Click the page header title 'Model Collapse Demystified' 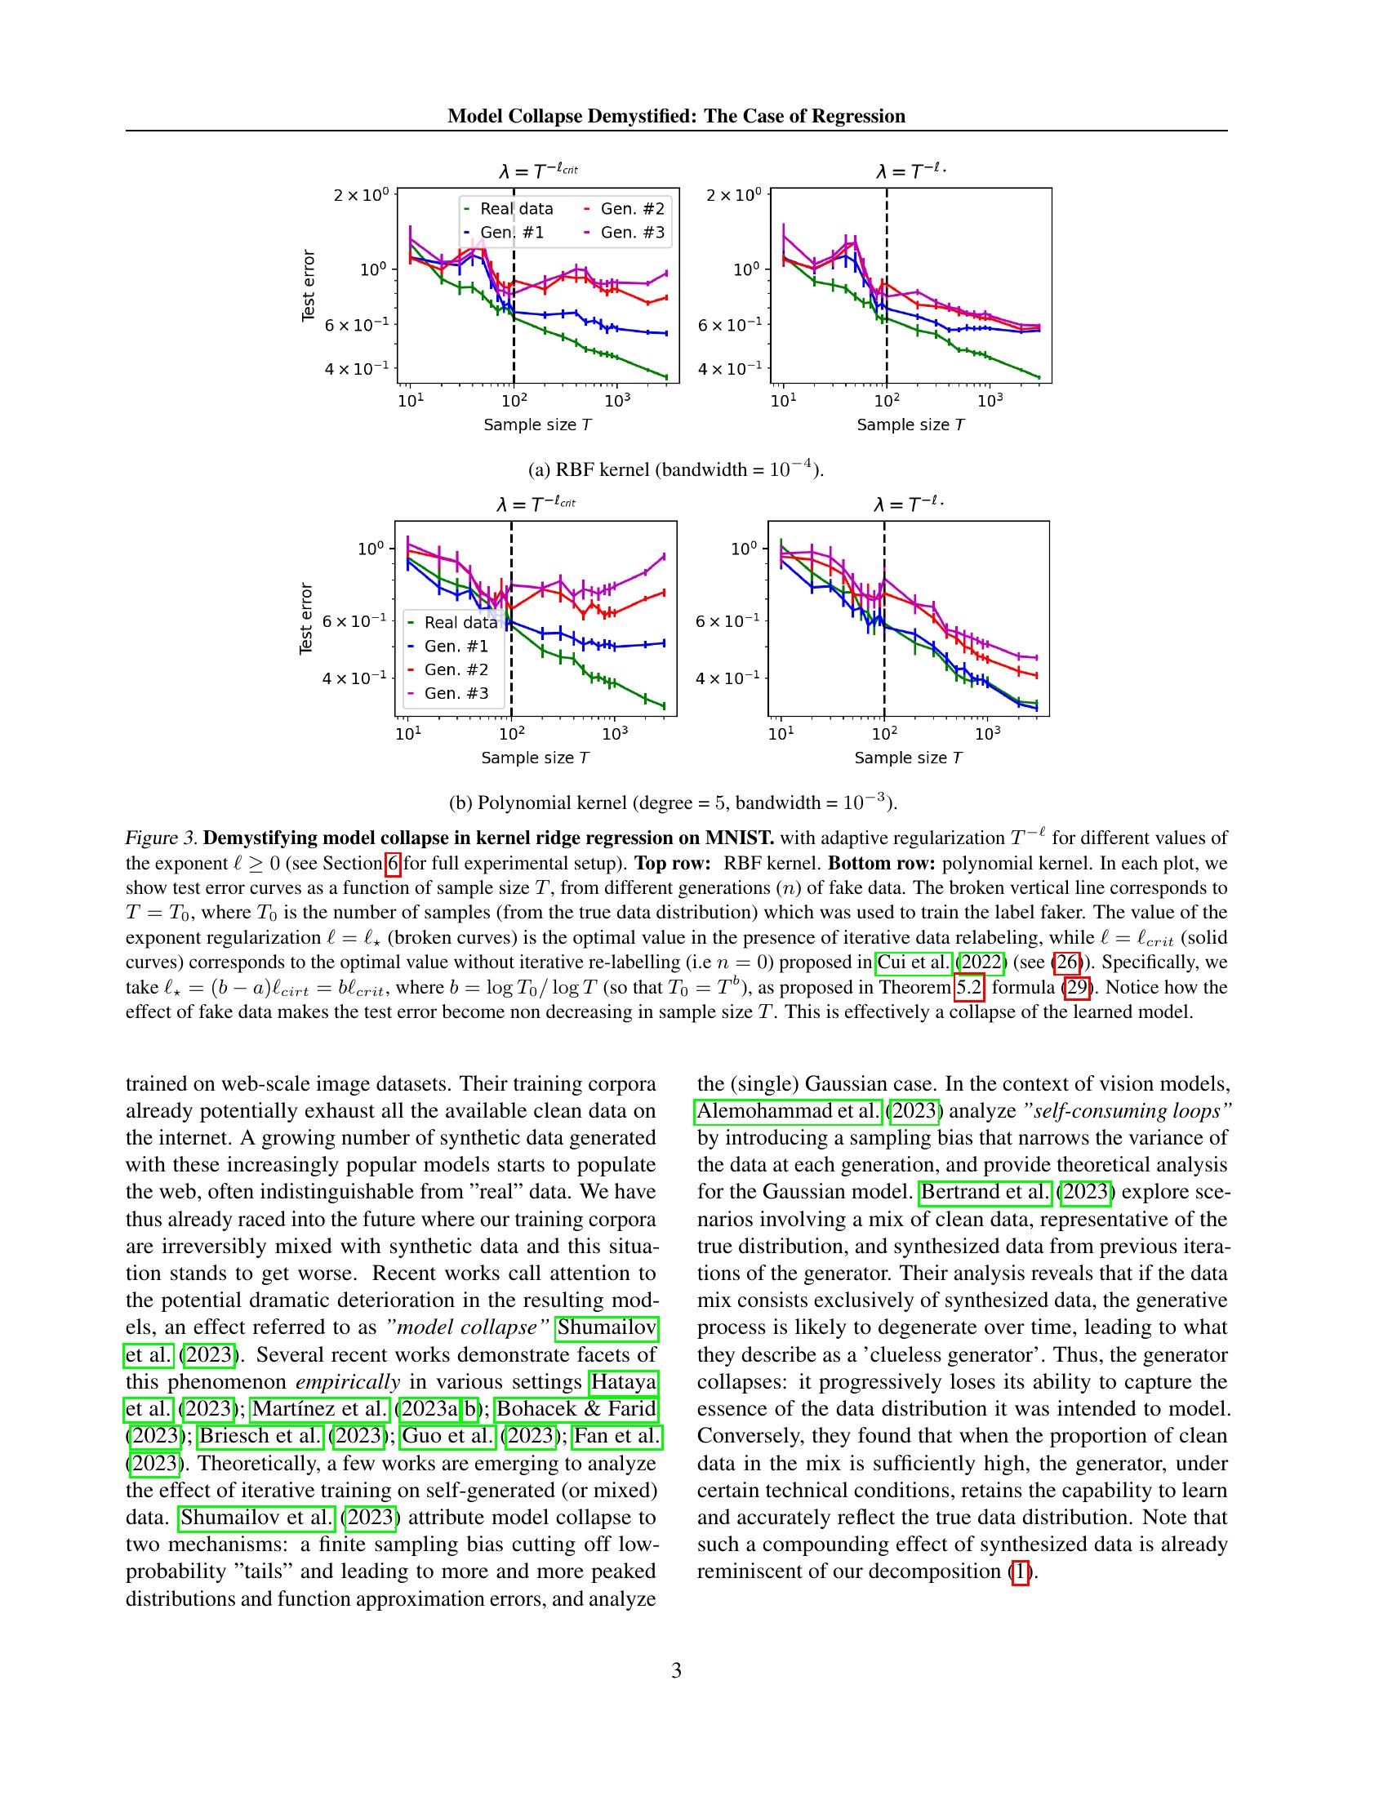(x=676, y=116)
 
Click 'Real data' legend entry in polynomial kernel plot (x=460, y=623)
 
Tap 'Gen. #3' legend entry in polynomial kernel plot (x=456, y=693)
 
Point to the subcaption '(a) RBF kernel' (x=675, y=469)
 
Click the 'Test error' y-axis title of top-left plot (x=309, y=286)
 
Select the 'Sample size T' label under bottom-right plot (x=908, y=758)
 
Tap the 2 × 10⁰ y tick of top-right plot (x=735, y=196)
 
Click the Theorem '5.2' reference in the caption (x=968, y=987)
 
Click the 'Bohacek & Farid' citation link (x=576, y=1409)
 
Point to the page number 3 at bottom (x=676, y=1670)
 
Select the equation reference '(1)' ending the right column (x=1019, y=1571)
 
